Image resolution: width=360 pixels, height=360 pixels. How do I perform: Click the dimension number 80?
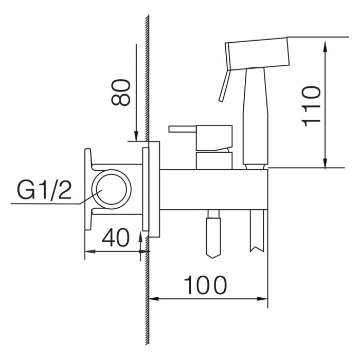pos(120,92)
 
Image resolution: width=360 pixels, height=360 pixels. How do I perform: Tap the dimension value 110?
pos(311,106)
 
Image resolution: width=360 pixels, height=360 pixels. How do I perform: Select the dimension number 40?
pos(116,238)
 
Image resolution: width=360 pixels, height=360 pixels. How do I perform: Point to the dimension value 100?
pos(206,285)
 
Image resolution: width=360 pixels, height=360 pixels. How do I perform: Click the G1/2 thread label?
pos(44,190)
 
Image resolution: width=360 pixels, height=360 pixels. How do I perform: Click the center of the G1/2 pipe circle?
pos(112,189)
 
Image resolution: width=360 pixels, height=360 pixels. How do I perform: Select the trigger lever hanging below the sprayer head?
pos(224,86)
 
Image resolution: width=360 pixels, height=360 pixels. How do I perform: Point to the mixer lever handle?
pos(200,138)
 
